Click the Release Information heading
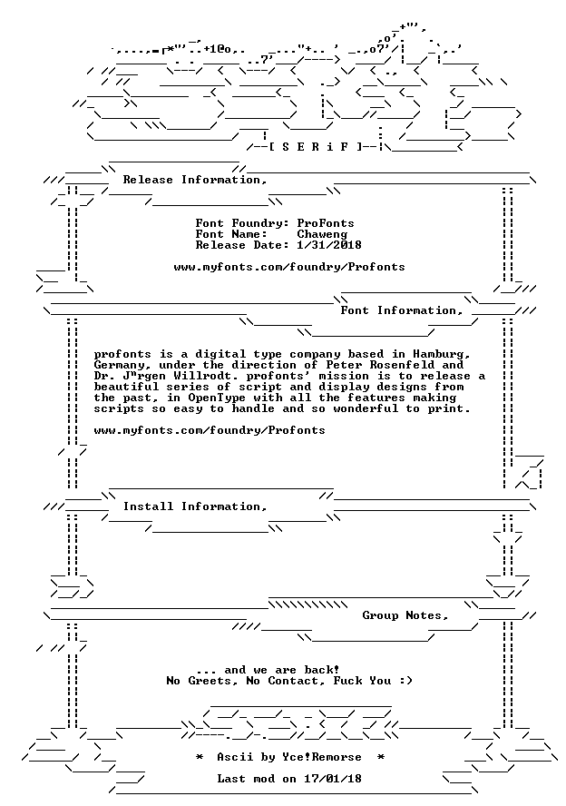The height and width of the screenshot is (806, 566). (x=195, y=180)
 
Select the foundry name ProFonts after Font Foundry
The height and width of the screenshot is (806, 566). (x=326, y=223)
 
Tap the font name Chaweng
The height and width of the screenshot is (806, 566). (x=322, y=234)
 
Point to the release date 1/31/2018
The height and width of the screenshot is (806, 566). (x=329, y=245)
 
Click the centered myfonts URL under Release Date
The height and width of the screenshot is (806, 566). (x=289, y=267)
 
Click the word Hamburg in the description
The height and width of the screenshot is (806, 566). (x=441, y=354)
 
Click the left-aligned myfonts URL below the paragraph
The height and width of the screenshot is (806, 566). (x=210, y=430)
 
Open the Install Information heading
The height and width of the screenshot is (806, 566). (x=195, y=506)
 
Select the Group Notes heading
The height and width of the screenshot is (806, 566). (x=405, y=615)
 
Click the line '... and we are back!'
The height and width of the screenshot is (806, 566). (x=268, y=670)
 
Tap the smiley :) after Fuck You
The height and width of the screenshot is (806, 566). (x=405, y=681)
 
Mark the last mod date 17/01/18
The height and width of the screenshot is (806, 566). (x=333, y=779)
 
